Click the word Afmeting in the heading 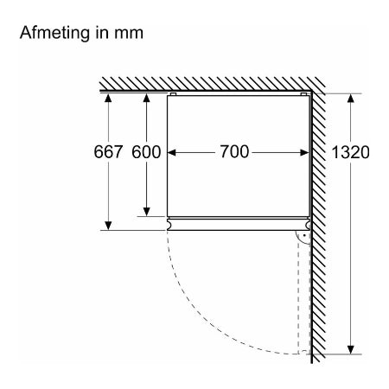point(54,33)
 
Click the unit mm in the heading point(129,34)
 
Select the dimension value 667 point(108,152)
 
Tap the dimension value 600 point(146,152)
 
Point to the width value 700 point(234,151)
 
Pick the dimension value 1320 point(350,152)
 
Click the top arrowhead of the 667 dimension point(108,98)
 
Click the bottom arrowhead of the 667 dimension point(108,226)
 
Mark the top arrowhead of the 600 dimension point(146,98)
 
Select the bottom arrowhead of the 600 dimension point(146,212)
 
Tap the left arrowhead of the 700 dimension point(172,152)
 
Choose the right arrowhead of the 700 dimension point(304,152)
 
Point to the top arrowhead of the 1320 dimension point(351,99)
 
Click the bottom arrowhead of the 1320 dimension point(351,349)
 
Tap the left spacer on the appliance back point(173,94)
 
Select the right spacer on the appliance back point(303,94)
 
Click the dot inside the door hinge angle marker point(304,235)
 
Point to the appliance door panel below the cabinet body point(239,224)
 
